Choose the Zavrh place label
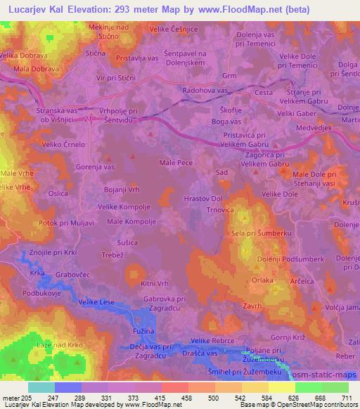[x=251, y=306]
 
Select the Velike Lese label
[x=96, y=301]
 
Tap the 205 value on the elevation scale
[x=27, y=398]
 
